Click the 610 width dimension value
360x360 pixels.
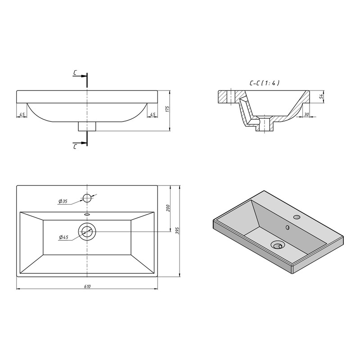pos(87,286)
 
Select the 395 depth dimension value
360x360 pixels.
pos(177,230)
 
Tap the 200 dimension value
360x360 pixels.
pos(167,208)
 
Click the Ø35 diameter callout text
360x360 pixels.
pos(63,201)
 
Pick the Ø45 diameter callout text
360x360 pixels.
pos(63,237)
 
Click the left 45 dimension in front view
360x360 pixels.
pos(22,114)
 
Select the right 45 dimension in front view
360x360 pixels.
pos(153,114)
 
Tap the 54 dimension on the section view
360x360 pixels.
pos(321,96)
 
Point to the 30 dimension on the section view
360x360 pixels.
pos(306,114)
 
